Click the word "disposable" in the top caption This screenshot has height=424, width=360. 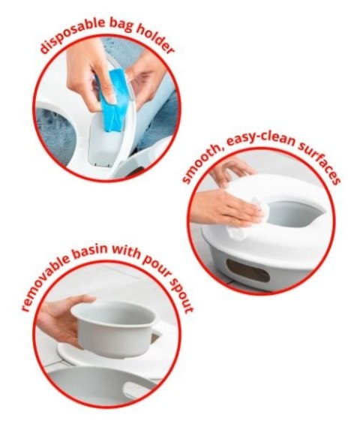point(71,33)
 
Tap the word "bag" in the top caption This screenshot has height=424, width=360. point(121,26)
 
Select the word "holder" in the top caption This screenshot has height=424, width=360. point(155,38)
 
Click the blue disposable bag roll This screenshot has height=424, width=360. point(112,100)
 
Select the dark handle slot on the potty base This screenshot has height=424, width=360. point(248,270)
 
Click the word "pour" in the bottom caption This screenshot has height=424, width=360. point(158,266)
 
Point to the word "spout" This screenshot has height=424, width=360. point(180,296)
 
